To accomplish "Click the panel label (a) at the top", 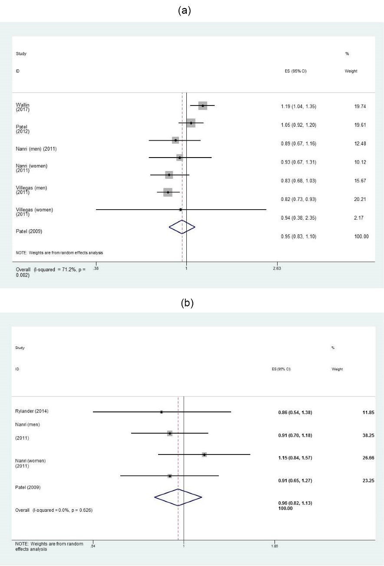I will click(185, 11).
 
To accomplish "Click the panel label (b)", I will click(186, 303).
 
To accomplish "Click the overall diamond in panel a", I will click(182, 227).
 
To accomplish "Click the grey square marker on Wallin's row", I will click(202, 105).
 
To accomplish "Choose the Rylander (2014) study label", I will click(29, 411).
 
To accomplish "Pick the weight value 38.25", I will click(367, 435).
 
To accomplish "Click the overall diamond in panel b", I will click(178, 497).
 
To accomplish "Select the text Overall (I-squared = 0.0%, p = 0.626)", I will click(54, 510).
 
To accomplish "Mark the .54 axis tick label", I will click(93, 545).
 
